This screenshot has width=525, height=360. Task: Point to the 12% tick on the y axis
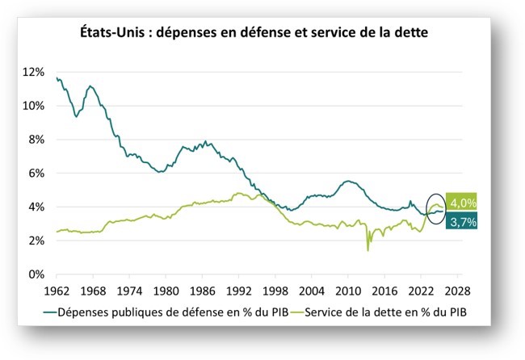pyautogui.click(x=34, y=72)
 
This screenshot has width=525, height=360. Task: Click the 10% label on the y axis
pyautogui.click(x=34, y=106)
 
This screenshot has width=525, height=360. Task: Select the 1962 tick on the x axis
pyautogui.click(x=57, y=291)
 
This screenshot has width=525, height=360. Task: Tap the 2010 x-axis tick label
pyautogui.click(x=347, y=291)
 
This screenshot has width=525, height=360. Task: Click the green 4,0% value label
pyautogui.click(x=461, y=203)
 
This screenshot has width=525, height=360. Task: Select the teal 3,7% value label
pyautogui.click(x=461, y=220)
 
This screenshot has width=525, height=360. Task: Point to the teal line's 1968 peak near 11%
pyautogui.click(x=90, y=86)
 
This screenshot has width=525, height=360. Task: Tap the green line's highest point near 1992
pyautogui.click(x=238, y=193)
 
